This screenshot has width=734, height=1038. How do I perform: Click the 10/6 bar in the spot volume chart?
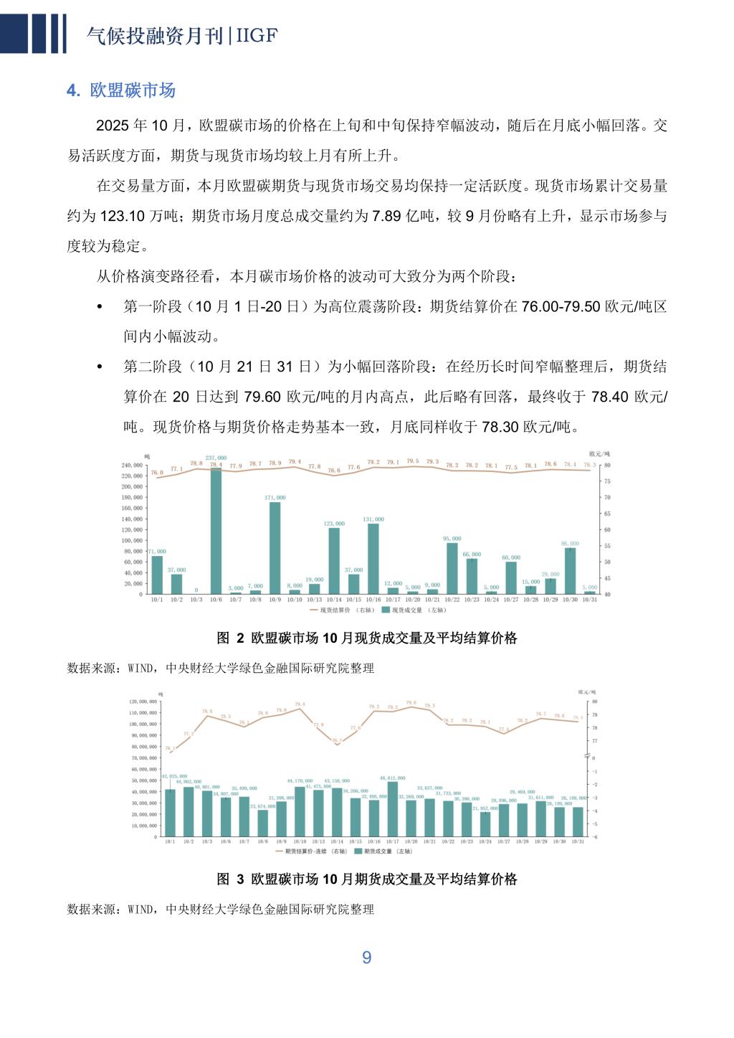[216, 531]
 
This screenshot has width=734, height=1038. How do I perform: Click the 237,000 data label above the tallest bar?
[216, 458]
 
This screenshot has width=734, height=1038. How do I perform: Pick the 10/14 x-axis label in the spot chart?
[334, 600]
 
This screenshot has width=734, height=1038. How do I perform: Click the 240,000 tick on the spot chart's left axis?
[133, 466]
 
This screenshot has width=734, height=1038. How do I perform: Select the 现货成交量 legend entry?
[412, 610]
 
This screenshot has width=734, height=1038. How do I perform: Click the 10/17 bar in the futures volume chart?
[392, 808]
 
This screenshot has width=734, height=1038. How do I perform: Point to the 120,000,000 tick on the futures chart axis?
[143, 702]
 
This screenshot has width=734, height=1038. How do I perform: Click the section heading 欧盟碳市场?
[133, 90]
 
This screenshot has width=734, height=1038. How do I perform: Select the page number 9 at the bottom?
[367, 958]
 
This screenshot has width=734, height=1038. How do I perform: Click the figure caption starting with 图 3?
[367, 879]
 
